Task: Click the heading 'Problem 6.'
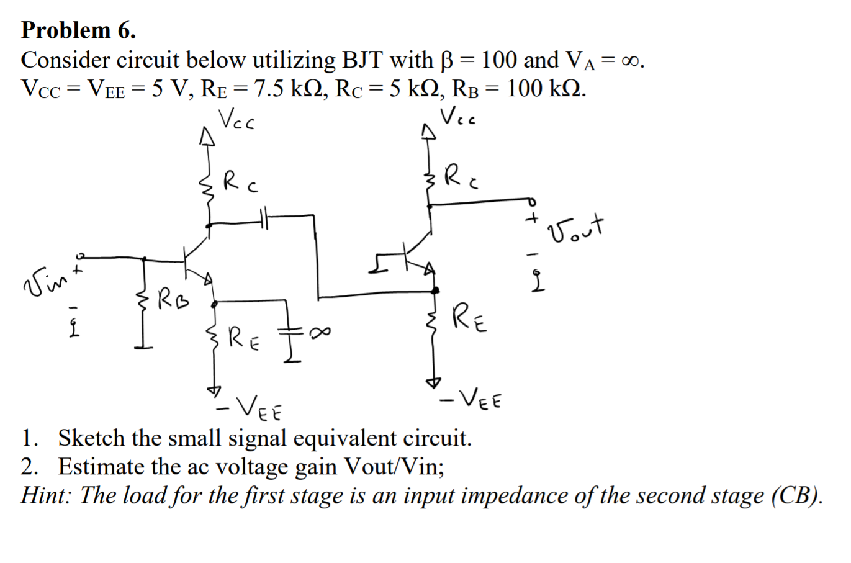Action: click(78, 30)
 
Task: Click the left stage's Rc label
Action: click(240, 181)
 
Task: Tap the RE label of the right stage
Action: click(469, 318)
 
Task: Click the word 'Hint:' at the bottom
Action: click(47, 495)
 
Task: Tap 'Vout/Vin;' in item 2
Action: click(394, 467)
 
